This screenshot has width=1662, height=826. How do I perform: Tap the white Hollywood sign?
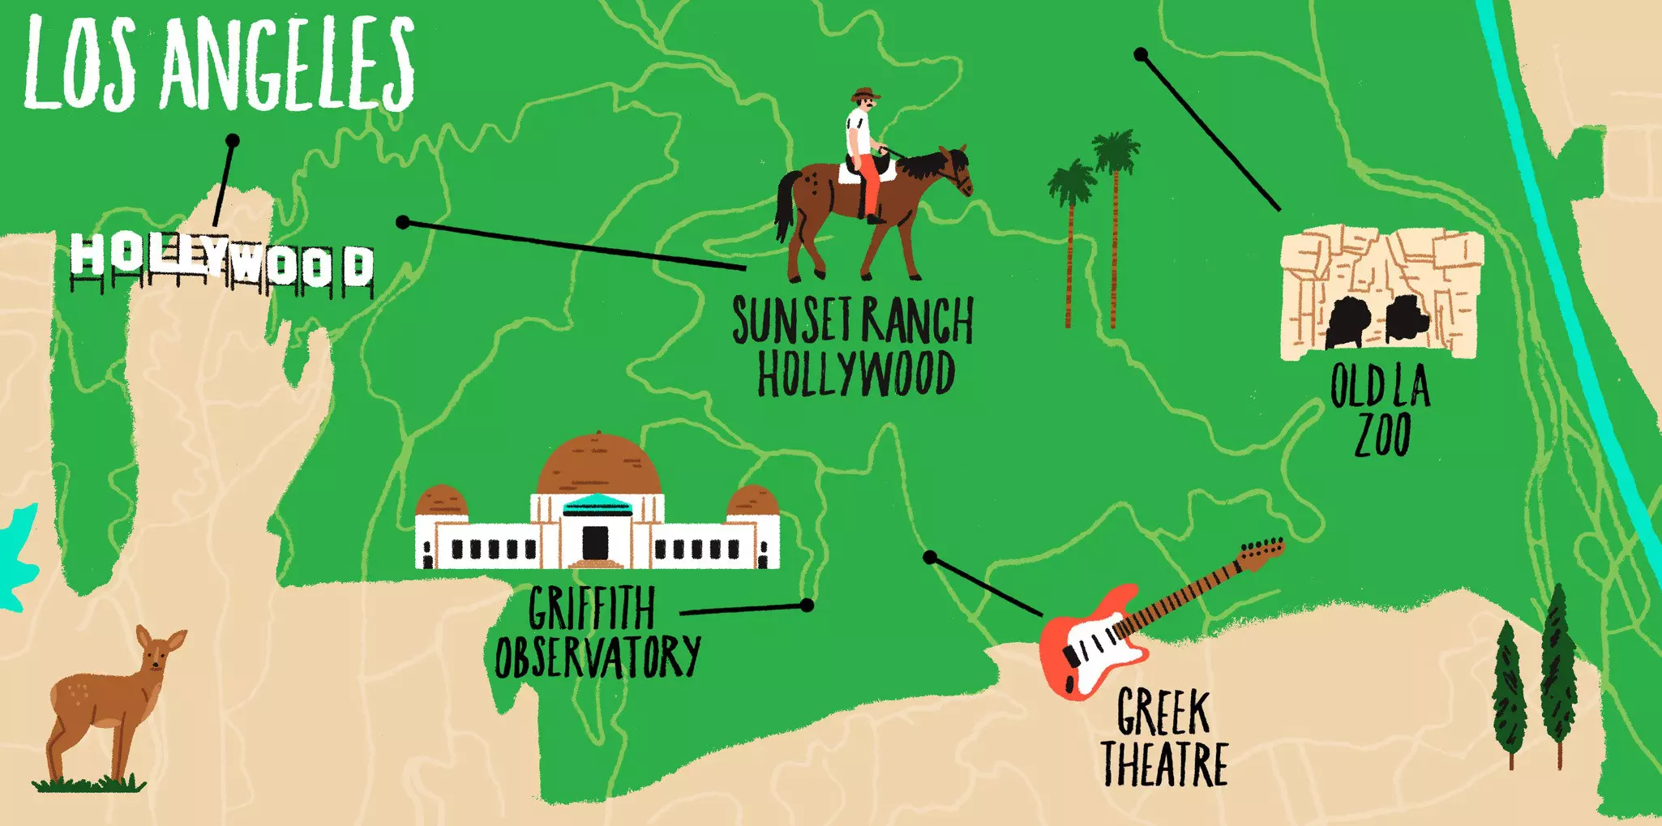[221, 262]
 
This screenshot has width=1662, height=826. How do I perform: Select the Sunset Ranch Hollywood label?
[854, 346]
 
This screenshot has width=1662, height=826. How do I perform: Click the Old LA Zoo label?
[1381, 409]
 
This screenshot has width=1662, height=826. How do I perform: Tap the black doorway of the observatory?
[596, 541]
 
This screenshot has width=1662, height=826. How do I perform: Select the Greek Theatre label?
[1164, 738]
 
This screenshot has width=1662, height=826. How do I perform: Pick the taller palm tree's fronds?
[1116, 151]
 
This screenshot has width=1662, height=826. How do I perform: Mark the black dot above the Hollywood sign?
[233, 140]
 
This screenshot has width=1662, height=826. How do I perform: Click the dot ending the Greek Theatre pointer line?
[931, 558]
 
